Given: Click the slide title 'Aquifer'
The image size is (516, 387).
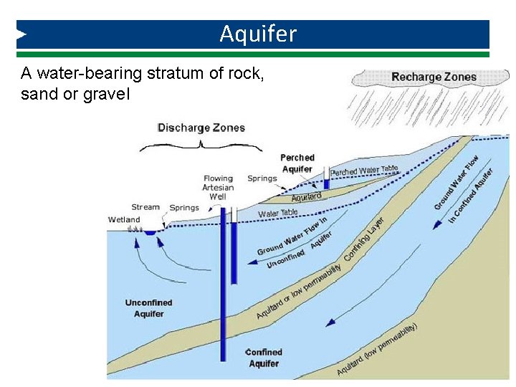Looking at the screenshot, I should [x=258, y=34].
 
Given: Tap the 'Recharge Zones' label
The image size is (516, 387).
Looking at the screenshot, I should [x=434, y=77].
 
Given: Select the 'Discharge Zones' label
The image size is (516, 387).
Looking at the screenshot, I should [x=201, y=128].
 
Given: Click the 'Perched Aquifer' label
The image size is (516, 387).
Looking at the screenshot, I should [x=297, y=163].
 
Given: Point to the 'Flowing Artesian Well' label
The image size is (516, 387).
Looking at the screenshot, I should [x=218, y=188].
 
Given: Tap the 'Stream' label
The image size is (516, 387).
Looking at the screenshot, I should [x=145, y=207].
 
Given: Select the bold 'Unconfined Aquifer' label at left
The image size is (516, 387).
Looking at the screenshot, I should [x=149, y=308].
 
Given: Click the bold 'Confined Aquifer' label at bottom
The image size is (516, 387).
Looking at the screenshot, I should [x=264, y=358].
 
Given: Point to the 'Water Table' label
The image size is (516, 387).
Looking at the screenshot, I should [x=278, y=213].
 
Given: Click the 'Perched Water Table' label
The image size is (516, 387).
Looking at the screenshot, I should [x=364, y=171].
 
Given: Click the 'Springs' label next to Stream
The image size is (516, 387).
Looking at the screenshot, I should [x=184, y=208].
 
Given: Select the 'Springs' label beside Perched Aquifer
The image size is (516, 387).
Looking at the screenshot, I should [x=262, y=178].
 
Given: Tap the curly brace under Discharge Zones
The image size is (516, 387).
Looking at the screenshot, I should [x=201, y=145].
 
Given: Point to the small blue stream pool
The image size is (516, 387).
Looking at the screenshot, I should [x=150, y=232].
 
